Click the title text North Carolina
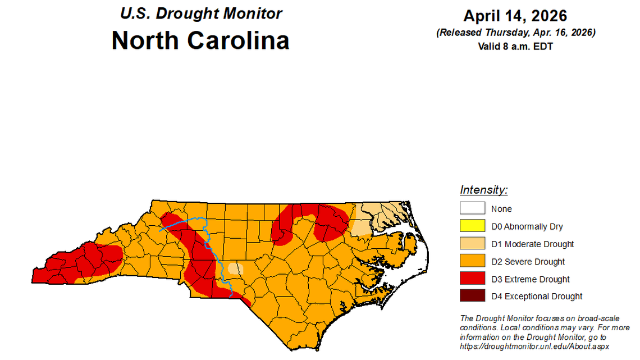click(x=200, y=41)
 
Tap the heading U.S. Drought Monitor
click(x=201, y=13)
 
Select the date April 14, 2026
click(x=515, y=16)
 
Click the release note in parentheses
click(x=515, y=33)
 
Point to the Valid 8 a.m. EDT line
click(x=515, y=47)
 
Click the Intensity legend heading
click(x=483, y=190)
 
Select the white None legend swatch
click(x=472, y=208)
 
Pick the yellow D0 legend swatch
click(x=472, y=226)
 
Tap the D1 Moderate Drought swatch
click(x=472, y=244)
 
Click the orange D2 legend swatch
click(x=472, y=261)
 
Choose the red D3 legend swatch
click(x=472, y=279)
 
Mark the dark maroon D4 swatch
click(x=472, y=296)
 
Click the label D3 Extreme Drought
click(x=530, y=279)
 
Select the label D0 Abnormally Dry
click(x=527, y=226)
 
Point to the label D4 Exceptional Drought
click(x=537, y=296)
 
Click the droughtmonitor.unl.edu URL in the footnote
click(x=534, y=347)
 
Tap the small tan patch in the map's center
click(x=236, y=268)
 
